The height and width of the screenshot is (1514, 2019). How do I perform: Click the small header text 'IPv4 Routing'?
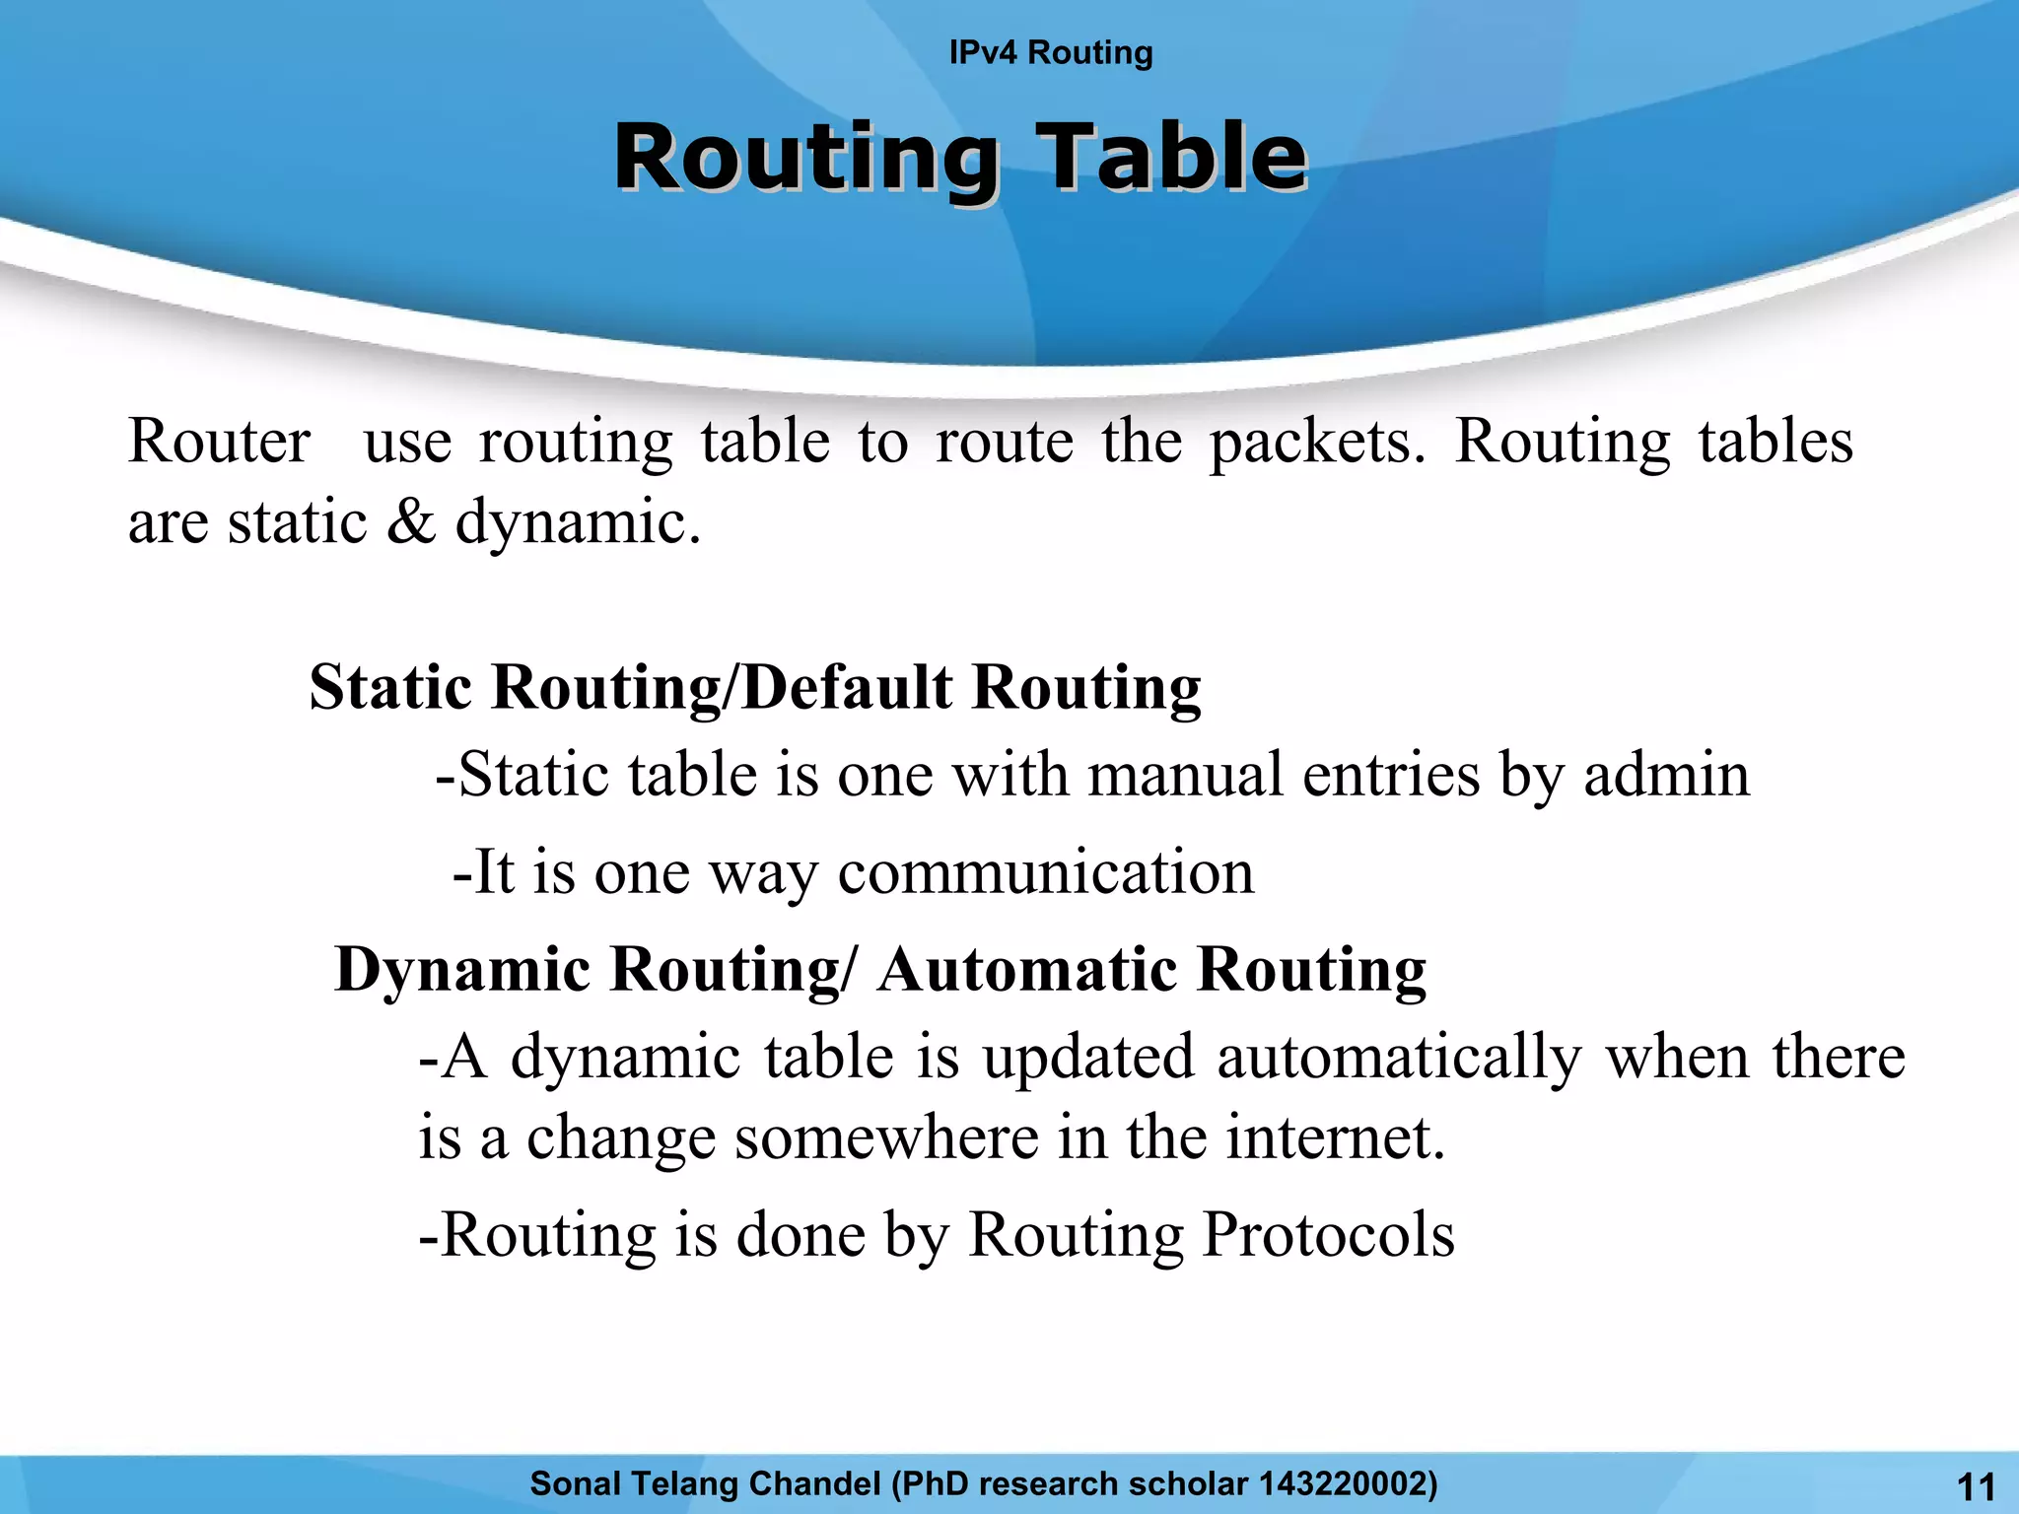pyautogui.click(x=1050, y=52)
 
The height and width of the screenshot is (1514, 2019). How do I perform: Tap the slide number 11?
pyautogui.click(x=1976, y=1486)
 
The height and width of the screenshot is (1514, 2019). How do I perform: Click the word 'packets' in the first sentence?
pyautogui.click(x=1316, y=441)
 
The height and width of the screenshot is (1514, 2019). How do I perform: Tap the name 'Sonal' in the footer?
pyautogui.click(x=576, y=1483)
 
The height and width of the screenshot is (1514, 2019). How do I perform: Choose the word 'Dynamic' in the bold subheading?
pyautogui.click(x=462, y=969)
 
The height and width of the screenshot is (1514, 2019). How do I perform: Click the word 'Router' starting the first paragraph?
pyautogui.click(x=219, y=441)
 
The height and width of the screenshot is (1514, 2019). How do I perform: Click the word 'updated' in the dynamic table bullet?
pyautogui.click(x=1088, y=1058)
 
